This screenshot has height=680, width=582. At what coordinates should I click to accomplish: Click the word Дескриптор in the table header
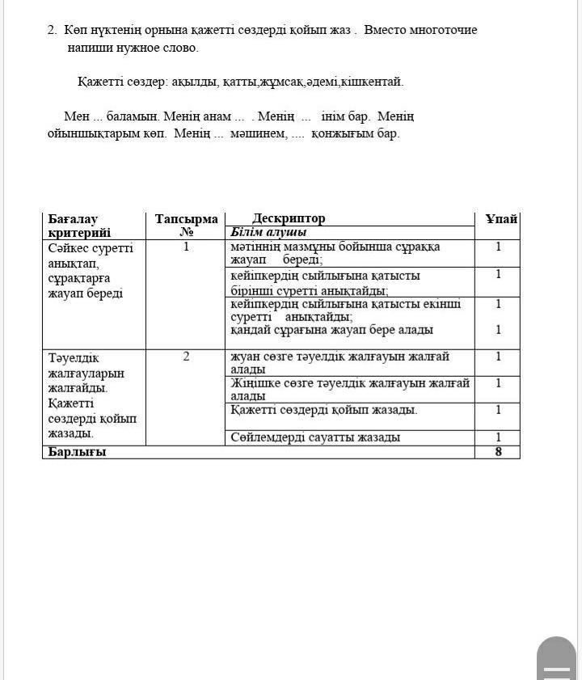click(289, 218)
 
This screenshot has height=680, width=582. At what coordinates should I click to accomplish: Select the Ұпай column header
click(501, 219)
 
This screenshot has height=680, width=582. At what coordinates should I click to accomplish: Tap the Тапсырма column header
click(186, 219)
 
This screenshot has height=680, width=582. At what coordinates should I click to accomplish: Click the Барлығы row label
click(77, 451)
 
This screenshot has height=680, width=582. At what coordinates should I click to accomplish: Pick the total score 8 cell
click(498, 451)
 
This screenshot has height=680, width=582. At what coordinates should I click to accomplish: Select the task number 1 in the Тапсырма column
click(186, 247)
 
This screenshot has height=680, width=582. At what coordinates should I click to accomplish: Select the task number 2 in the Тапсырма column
click(186, 356)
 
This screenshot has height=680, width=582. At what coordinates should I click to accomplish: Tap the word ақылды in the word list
click(192, 82)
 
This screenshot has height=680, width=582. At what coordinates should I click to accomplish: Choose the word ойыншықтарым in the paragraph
click(86, 133)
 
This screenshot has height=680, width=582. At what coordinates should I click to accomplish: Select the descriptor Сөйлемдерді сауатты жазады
click(315, 437)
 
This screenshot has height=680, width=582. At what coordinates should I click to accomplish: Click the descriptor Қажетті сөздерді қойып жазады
click(324, 410)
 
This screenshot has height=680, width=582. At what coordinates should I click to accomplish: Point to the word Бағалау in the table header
click(73, 219)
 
